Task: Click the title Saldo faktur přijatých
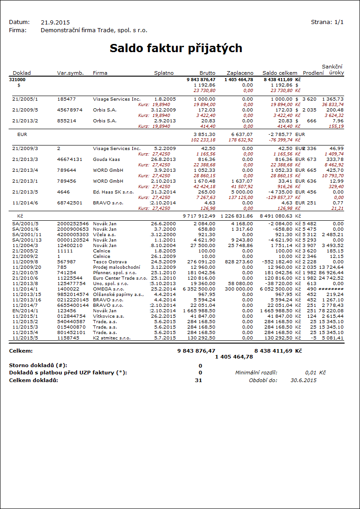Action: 176,48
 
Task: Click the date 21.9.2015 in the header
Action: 55,22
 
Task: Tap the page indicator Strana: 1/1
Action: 327,22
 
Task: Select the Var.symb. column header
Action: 70,73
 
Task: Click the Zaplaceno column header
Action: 240,73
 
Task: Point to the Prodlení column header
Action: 313,73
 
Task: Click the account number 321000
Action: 17,79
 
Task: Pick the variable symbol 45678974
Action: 70,110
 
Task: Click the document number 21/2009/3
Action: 25,148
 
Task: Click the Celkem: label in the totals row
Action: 21,350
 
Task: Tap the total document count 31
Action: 199,380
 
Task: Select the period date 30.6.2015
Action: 304,380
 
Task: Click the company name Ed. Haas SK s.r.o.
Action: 113,192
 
